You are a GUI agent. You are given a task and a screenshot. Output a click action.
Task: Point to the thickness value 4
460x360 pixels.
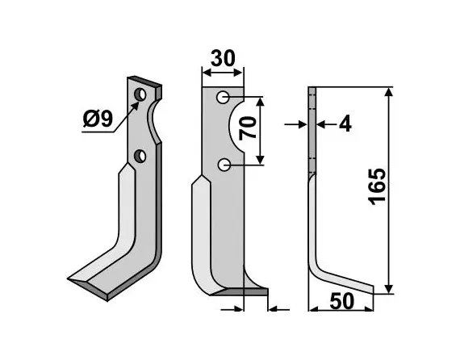pos(345,124)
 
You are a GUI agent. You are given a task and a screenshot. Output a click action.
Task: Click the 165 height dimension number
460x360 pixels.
pos(377,188)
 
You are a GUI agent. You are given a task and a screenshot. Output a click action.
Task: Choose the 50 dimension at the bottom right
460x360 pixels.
pos(341,301)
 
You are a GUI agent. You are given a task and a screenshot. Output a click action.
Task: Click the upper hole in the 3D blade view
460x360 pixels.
pos(141,95)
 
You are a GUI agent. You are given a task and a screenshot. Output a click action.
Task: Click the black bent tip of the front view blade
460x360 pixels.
pos(256,289)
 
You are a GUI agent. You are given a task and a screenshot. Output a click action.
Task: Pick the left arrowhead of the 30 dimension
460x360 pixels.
pos(205,73)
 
